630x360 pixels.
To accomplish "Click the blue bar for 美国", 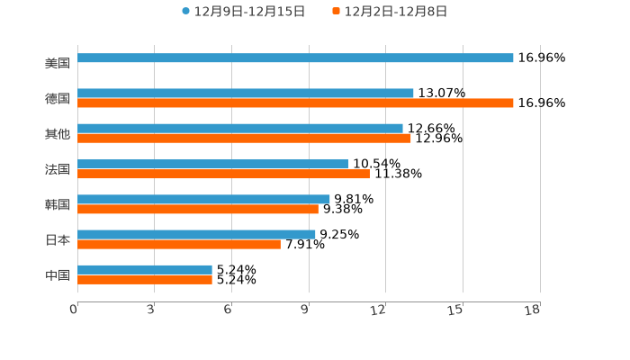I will coord(295,58).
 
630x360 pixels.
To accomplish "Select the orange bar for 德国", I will coord(295,103).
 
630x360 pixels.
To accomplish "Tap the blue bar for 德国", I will coord(246,93).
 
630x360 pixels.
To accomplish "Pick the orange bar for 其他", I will coord(244,139).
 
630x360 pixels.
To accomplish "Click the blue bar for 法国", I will coord(212,164).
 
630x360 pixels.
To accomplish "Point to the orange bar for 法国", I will coord(223,174).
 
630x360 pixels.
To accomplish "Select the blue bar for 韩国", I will coord(203,199).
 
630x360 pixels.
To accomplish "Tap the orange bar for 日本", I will coord(179,244).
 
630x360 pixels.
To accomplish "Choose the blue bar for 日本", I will coord(196,234).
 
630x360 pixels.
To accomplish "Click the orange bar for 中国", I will coord(145,280).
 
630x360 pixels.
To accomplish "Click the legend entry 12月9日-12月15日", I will coord(243,12).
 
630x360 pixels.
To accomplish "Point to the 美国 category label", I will coord(58,63).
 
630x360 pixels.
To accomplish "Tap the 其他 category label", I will coord(58,134).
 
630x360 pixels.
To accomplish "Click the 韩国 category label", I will coord(58,204).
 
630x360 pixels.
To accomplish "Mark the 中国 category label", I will coord(58,274).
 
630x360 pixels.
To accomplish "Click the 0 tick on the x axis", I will coord(74,310).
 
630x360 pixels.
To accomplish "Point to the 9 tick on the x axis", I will coord(306,310).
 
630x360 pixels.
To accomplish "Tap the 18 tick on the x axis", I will coord(533,310).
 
